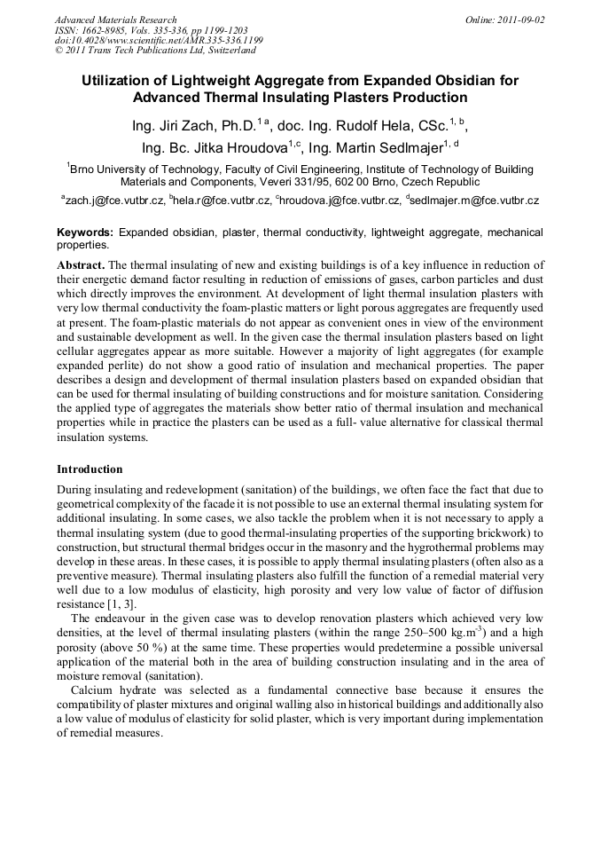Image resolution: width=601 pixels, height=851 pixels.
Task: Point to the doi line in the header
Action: [x=159, y=41]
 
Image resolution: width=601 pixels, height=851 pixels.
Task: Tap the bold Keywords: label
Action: [x=85, y=232]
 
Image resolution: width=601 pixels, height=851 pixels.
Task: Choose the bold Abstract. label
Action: [x=81, y=265]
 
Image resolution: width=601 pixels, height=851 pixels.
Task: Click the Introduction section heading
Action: [x=90, y=469]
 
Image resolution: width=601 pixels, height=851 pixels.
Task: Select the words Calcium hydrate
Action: [x=113, y=689]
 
